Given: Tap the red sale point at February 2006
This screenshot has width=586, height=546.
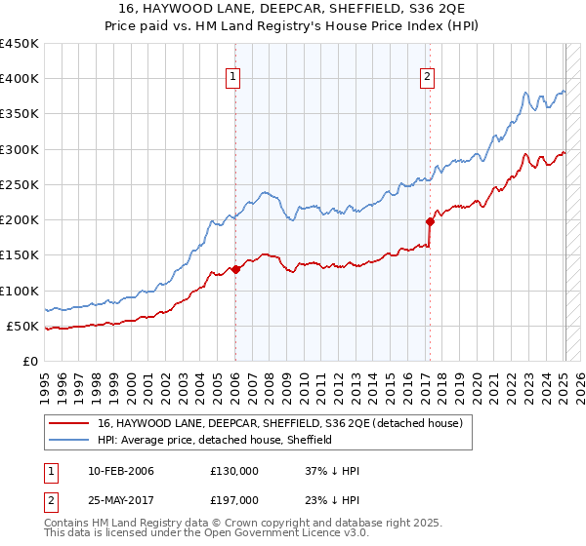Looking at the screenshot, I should (x=235, y=269).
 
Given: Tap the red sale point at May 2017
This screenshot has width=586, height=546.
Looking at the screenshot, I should (x=429, y=221).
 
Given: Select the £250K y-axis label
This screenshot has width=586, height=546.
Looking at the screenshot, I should (x=20, y=184).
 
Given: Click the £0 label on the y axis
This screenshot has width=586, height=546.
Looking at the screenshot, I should (x=29, y=361).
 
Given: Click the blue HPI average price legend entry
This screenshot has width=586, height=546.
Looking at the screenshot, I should (x=215, y=440).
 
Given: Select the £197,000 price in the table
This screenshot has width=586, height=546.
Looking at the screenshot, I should (x=233, y=500).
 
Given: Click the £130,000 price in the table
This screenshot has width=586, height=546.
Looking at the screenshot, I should (x=233, y=471).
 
